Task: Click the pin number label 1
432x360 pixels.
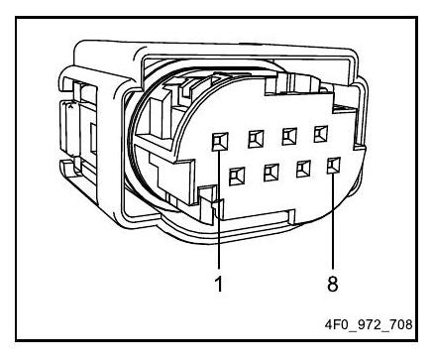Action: [x=219, y=284]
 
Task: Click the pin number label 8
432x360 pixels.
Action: [x=333, y=284]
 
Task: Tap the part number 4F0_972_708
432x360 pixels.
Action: [x=369, y=324]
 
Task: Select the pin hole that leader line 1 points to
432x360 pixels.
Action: [x=220, y=142]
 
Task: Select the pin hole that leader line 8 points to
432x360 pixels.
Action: [x=334, y=166]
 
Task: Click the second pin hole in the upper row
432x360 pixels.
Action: [x=256, y=139]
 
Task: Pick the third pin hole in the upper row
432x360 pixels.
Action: [x=289, y=136]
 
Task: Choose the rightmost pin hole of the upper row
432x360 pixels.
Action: [x=321, y=134]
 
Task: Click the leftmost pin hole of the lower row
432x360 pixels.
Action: [x=237, y=176]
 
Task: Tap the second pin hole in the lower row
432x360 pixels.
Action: [x=271, y=173]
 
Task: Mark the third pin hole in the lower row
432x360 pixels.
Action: [x=303, y=169]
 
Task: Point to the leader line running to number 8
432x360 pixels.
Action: [x=333, y=220]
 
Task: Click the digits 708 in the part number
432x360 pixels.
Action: [x=400, y=324]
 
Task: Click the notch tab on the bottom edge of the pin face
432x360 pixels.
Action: [x=291, y=215]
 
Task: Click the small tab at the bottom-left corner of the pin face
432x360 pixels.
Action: [x=210, y=201]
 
